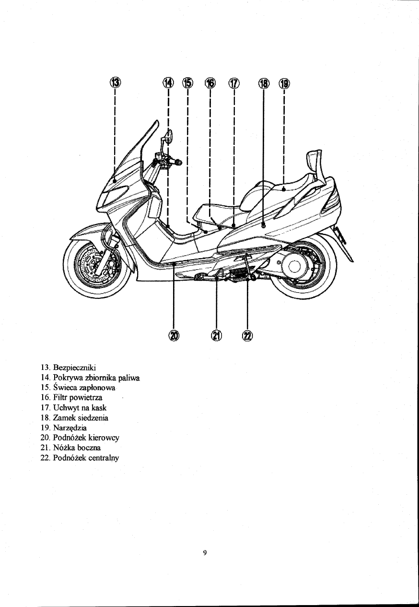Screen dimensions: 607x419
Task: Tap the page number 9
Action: (205, 553)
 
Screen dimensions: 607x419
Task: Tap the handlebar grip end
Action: (179, 162)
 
